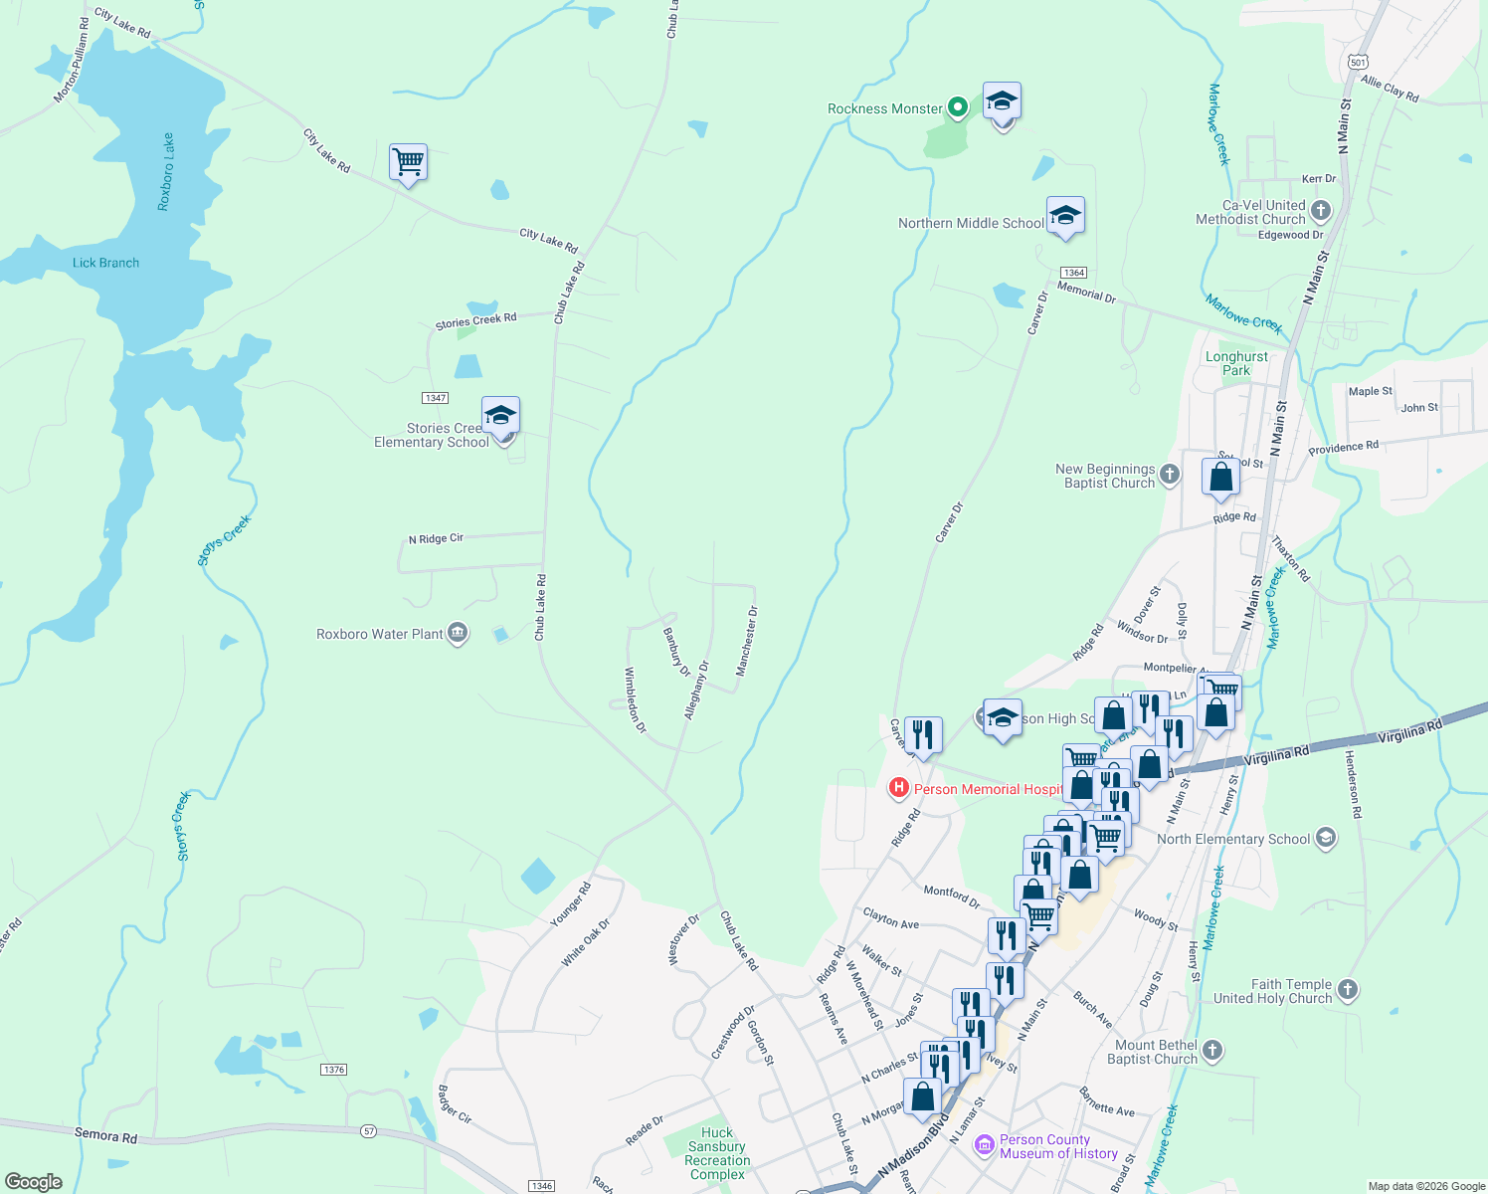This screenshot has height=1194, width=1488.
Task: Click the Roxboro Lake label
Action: [x=166, y=171]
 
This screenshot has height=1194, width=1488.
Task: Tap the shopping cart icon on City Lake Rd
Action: [x=408, y=161]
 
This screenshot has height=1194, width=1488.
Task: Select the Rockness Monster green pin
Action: [x=957, y=106]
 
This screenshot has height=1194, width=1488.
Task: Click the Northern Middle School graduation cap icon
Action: [x=1064, y=216]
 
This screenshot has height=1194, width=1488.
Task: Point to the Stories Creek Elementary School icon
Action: [x=500, y=415]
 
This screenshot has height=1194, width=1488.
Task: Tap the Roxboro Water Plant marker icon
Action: [x=458, y=633]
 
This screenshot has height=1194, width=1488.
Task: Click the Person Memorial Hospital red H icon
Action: [x=898, y=789]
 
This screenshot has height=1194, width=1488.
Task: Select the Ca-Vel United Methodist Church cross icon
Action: [x=1321, y=211]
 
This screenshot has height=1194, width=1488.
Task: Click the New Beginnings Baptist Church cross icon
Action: [x=1170, y=475]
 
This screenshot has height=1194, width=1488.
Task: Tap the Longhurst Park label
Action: [x=1236, y=363]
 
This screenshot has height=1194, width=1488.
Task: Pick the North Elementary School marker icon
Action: [x=1325, y=838]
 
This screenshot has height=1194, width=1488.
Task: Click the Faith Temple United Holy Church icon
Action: [x=1347, y=989]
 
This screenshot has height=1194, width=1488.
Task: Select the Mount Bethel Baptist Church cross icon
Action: [x=1211, y=1051]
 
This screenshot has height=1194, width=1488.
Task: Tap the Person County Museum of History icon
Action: [x=985, y=1145]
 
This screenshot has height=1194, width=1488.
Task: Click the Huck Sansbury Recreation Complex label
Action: [x=717, y=1153]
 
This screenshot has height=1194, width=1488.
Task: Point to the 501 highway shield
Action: [x=1359, y=62]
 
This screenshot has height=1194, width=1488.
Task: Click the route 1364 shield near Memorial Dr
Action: [x=1073, y=273]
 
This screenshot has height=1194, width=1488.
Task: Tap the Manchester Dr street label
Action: [x=746, y=642]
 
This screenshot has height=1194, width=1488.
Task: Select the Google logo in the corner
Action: [x=33, y=1182]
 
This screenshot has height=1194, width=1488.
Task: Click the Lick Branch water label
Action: [x=105, y=263]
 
